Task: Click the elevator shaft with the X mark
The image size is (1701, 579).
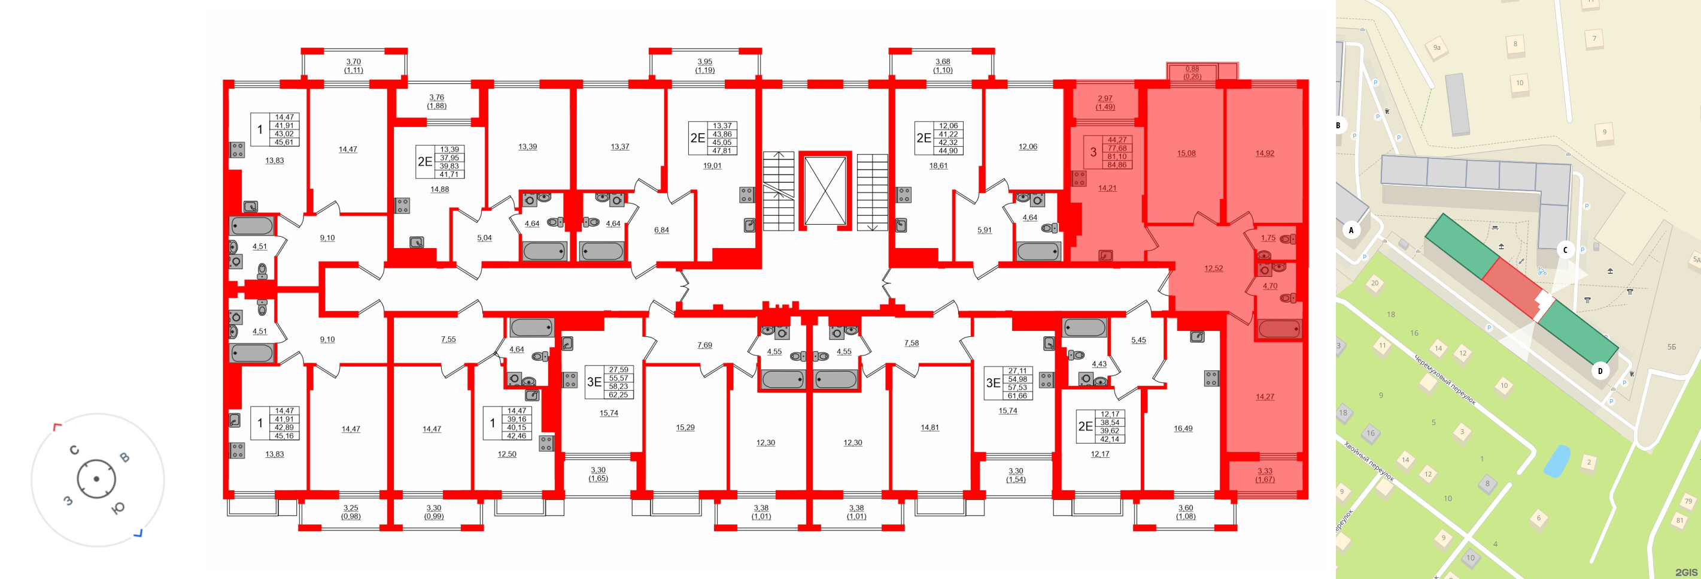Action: [x=825, y=191]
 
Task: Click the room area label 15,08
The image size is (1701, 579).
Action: [x=1186, y=153]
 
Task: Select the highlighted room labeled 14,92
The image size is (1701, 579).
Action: [x=1265, y=153]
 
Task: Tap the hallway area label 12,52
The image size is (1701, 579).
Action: [x=1213, y=269]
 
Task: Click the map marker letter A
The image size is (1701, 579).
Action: [x=1351, y=231]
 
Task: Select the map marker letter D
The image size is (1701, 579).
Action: [x=1600, y=371]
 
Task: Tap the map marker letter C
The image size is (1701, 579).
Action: [x=1565, y=250]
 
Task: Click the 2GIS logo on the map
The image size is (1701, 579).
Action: [x=1686, y=572]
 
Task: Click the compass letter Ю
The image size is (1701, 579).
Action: [x=118, y=508]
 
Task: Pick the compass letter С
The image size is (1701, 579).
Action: [x=74, y=450]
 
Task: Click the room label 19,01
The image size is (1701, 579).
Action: [x=712, y=166]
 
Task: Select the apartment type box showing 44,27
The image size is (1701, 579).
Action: [x=1117, y=152]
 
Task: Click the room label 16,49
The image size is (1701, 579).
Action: [x=1183, y=429]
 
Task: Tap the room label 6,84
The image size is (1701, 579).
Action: [x=661, y=230]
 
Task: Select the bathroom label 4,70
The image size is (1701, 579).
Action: [x=1270, y=286]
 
